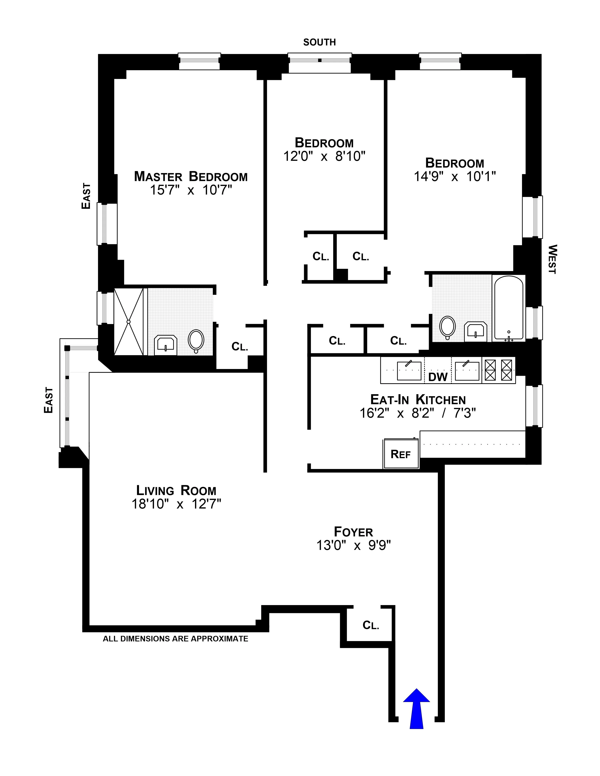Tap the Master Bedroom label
191,177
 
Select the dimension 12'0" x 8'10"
324,156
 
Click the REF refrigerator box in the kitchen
401,454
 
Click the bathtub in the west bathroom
508,308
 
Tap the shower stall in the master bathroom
129,322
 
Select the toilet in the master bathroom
196,340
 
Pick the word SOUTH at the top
319,42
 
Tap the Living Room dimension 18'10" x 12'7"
176,504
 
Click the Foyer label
353,532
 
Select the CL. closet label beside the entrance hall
371,625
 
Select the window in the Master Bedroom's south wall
199,62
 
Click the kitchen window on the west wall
534,405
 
